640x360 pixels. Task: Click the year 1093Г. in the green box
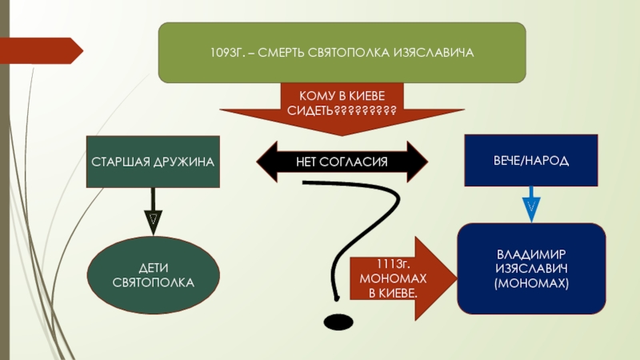[226, 53]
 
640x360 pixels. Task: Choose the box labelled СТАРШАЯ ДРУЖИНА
[153, 162]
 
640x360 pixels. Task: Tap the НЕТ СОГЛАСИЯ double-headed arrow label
[342, 162]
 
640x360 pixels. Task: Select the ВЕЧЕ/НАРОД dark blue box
[531, 161]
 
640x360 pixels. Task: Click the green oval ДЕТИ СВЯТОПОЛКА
[153, 275]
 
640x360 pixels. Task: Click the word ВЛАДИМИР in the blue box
[531, 255]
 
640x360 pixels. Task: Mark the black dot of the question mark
[338, 323]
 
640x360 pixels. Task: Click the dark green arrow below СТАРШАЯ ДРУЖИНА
[153, 210]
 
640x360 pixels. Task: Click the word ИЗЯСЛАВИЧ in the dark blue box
[531, 270]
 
